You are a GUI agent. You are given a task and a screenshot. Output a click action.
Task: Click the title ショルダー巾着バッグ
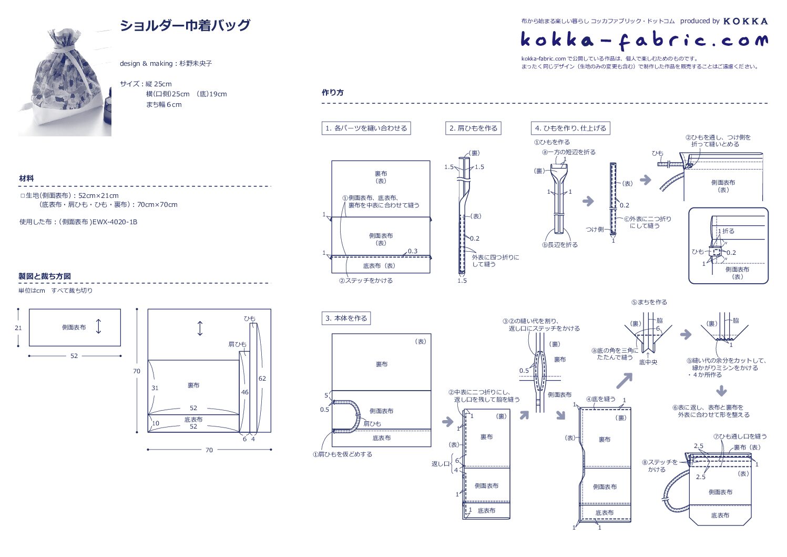click(185, 25)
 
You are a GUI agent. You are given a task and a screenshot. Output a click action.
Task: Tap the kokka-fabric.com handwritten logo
click(643, 40)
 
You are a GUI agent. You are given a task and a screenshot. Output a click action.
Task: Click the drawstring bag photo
click(65, 83)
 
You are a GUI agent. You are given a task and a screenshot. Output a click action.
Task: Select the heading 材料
click(26, 178)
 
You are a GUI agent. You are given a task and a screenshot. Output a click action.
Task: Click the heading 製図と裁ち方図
click(45, 276)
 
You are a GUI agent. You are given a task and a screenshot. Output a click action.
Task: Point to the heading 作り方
click(332, 93)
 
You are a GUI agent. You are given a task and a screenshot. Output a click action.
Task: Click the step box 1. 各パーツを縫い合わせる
click(366, 128)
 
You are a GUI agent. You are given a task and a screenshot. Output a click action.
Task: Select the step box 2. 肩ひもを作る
click(473, 128)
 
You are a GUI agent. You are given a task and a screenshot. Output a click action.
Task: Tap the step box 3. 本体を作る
click(346, 318)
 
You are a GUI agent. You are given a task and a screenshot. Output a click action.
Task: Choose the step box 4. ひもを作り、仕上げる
click(570, 128)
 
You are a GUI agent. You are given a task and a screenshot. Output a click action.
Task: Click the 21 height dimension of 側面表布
click(18, 328)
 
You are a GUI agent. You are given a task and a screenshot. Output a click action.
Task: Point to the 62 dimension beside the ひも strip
click(262, 379)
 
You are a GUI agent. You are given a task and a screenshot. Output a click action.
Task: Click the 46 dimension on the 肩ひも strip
click(244, 392)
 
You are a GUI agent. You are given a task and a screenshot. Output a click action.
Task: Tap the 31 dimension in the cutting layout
click(155, 388)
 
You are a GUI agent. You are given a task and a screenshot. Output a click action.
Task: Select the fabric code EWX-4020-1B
click(115, 222)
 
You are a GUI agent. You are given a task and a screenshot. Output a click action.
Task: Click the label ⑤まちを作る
click(649, 302)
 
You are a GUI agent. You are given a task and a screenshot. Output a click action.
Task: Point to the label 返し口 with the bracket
click(440, 464)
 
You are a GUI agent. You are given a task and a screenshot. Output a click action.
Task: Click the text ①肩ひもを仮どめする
click(342, 454)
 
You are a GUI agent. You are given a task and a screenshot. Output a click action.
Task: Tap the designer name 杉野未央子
click(196, 64)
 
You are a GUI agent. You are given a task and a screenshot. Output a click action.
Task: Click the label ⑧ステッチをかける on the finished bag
click(659, 465)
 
